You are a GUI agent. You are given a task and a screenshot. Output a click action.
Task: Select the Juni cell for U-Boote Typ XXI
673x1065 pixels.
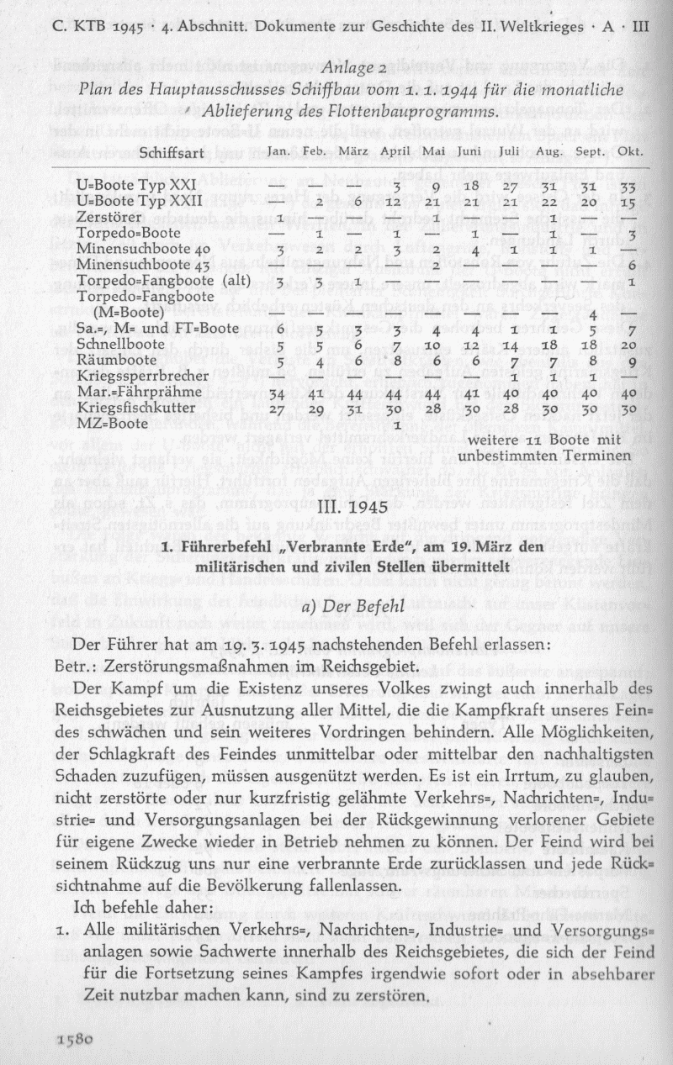click(470, 185)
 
